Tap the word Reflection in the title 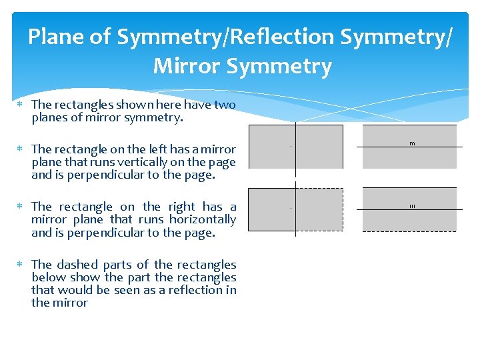pyautogui.click(x=285, y=37)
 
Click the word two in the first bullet pyautogui.click(x=224, y=105)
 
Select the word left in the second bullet pyautogui.click(x=151, y=150)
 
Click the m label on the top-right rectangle pyautogui.click(x=412, y=143)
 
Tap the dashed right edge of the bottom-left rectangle pyautogui.click(x=343, y=209)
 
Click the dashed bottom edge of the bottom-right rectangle pyautogui.click(x=409, y=231)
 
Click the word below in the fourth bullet pyautogui.click(x=49, y=277)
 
